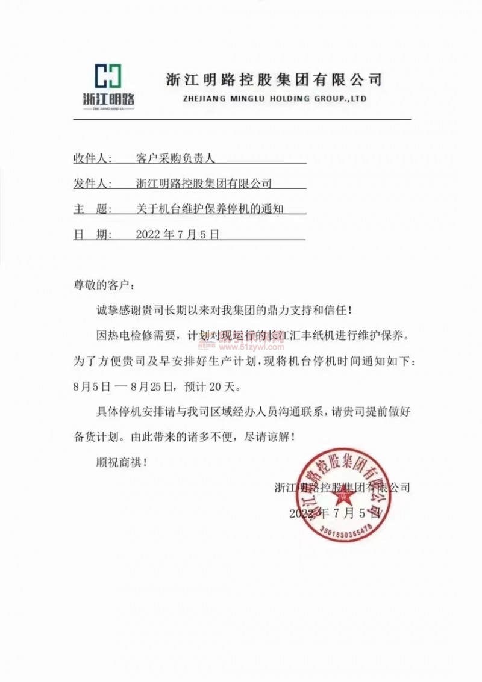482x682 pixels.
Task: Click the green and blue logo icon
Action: pos(109,75)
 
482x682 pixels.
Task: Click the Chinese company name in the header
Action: pos(274,79)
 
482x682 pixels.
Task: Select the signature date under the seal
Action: pos(334,513)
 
